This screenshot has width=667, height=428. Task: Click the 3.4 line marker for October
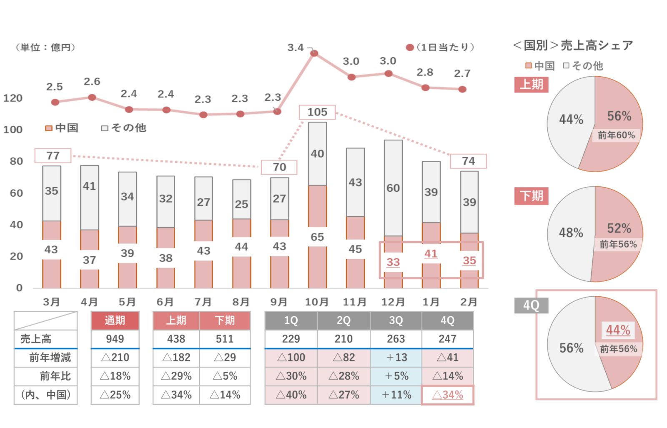coord(314,53)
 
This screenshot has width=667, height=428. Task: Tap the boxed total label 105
coord(317,112)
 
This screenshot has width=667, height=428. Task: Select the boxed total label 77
coord(53,156)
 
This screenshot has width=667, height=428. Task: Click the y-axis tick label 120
coord(13,98)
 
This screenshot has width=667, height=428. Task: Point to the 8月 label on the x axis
coord(241,302)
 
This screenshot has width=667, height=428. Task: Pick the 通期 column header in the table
coord(115,320)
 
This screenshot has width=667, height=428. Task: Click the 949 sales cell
coord(115,339)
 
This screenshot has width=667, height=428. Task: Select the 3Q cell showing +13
coord(396,358)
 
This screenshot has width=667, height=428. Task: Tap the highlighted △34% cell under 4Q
coord(447,395)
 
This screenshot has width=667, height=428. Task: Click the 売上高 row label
coord(36,339)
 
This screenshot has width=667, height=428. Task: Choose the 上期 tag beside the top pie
coord(531,85)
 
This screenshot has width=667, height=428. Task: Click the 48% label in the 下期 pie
coord(571,233)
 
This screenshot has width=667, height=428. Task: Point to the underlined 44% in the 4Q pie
coord(618,330)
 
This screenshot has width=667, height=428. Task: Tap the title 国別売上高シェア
coord(573,45)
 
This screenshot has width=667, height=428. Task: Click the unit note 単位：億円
coord(45,48)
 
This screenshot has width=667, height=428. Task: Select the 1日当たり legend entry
coord(441,48)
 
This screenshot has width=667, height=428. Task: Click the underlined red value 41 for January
coord(431,254)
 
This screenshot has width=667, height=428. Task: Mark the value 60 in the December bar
coord(393,188)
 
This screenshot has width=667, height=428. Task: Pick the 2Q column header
coord(344,320)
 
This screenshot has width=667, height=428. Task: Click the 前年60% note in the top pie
coord(616,135)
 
